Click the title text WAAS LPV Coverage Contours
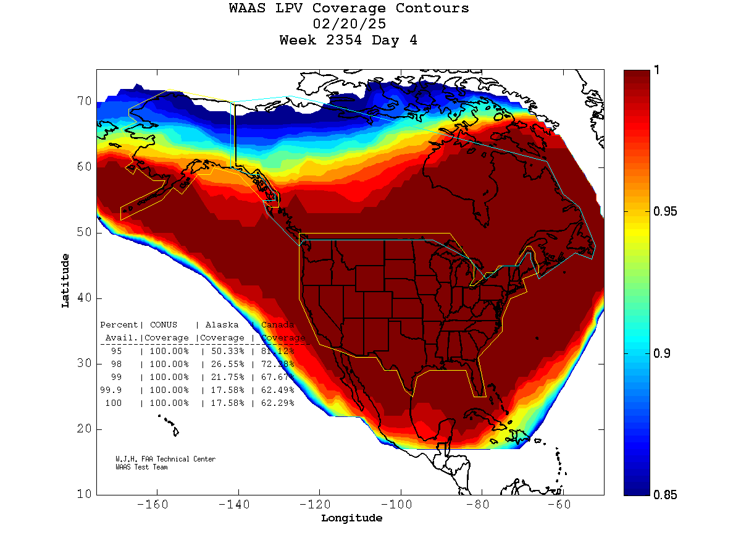tap(349, 9)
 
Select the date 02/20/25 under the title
tap(350, 25)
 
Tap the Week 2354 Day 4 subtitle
tap(348, 41)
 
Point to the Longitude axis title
tap(351, 518)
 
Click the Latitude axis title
tap(65, 280)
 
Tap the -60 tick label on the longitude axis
tap(563, 504)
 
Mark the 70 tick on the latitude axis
tap(84, 101)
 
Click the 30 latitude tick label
tap(84, 364)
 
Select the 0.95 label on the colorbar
tap(665, 212)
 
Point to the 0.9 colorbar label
tap(661, 353)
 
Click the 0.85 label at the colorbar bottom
tap(665, 495)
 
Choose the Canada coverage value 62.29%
tap(277, 403)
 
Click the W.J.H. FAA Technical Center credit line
tap(165, 460)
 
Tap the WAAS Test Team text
tap(141, 467)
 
